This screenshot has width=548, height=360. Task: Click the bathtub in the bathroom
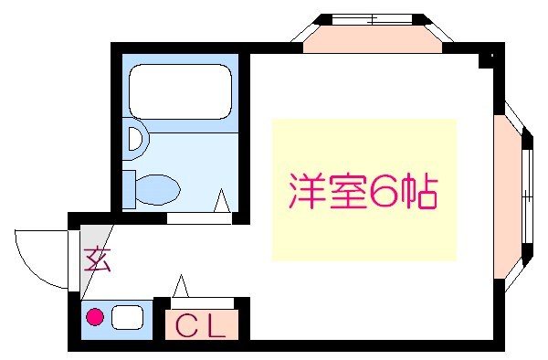pyautogui.click(x=178, y=91)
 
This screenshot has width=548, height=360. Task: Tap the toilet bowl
pyautogui.click(x=157, y=189)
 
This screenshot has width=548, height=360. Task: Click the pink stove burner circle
pyautogui.click(x=93, y=318)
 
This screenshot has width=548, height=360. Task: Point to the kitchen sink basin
pyautogui.click(x=127, y=318)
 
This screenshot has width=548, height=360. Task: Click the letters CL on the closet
pyautogui.click(x=200, y=325)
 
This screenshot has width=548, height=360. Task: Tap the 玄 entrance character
pyautogui.click(x=98, y=260)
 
